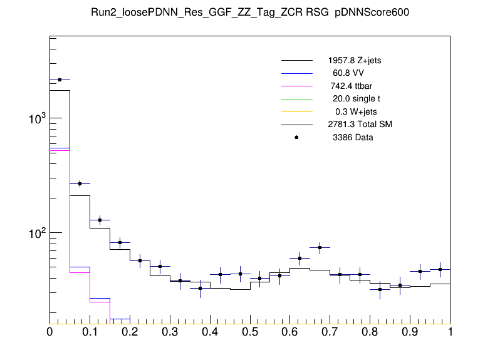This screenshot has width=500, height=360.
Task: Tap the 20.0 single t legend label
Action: [357, 98]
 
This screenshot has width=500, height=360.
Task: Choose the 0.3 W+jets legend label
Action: [357, 111]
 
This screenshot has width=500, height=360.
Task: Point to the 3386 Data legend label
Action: [353, 137]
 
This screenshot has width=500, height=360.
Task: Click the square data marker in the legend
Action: [297, 137]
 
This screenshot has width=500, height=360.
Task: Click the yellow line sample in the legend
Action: [297, 111]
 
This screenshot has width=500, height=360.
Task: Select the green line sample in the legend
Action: [297, 98]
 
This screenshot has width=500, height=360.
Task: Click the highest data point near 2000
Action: [60, 80]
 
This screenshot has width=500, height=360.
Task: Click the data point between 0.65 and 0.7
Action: [320, 247]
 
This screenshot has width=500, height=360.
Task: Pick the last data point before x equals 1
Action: [440, 269]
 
